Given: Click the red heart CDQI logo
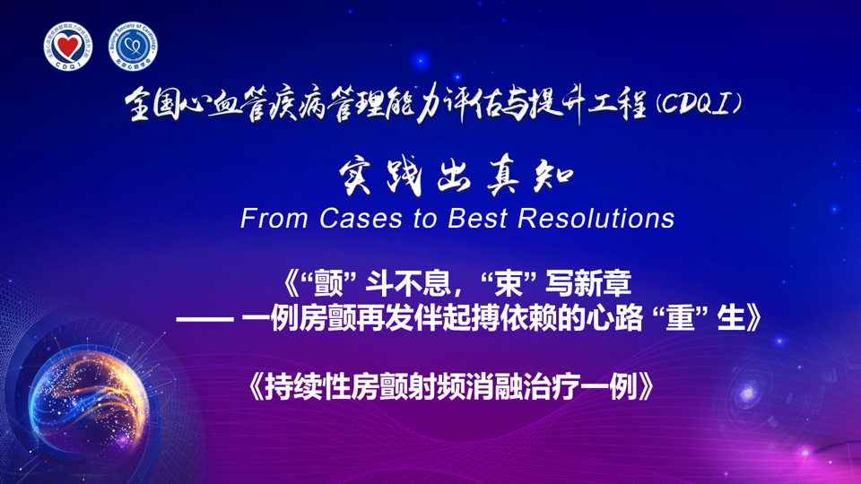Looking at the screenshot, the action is point(68,47).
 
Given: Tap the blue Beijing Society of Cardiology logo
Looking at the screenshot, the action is point(133,47).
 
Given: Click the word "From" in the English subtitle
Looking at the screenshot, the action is point(274,218).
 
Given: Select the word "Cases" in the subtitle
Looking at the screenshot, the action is point(361,218).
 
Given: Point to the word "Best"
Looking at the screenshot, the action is point(477,218).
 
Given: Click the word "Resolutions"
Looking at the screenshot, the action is point(596,218).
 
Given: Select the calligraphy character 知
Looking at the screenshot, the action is point(553,177).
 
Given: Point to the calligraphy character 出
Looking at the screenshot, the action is point(454,177).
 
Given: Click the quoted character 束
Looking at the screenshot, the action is point(509,284).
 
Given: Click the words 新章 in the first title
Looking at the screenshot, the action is point(603,284).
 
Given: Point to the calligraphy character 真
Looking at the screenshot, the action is point(503,177).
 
